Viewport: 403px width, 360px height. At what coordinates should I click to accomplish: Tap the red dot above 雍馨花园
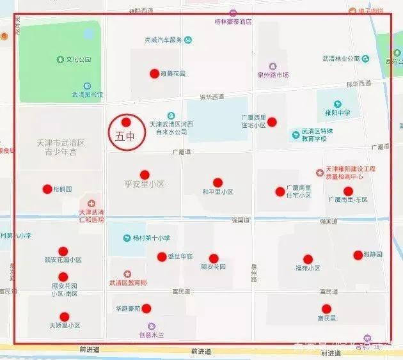click(x=154, y=74)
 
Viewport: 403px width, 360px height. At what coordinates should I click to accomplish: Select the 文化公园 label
click(x=79, y=59)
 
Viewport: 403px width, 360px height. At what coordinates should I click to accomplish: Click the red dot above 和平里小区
click(x=217, y=182)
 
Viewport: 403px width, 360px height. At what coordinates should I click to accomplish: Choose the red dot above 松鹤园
click(x=47, y=189)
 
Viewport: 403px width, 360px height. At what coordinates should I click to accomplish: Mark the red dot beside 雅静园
click(x=358, y=254)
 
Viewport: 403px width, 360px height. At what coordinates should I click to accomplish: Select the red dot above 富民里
click(x=326, y=308)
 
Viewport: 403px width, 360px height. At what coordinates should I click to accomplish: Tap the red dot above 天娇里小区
click(x=64, y=317)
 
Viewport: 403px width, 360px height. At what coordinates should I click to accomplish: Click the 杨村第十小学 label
click(x=152, y=238)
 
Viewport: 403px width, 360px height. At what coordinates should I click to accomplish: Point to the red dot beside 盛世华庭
click(x=161, y=256)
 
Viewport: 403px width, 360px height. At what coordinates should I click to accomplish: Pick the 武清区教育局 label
click(x=128, y=282)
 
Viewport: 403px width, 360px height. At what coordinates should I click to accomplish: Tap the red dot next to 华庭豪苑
click(x=146, y=308)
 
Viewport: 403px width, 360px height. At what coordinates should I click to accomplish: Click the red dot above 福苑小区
click(x=308, y=259)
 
